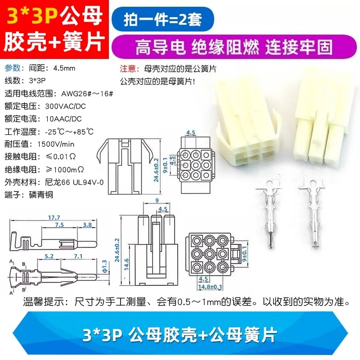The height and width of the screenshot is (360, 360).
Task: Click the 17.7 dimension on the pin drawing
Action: tap(54, 217)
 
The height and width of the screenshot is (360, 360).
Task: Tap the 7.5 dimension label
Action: tap(59, 225)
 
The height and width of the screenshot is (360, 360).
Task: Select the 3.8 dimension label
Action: tap(87, 225)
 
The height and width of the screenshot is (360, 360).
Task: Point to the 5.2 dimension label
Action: tap(49, 256)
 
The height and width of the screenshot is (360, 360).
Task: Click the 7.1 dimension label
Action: tap(78, 256)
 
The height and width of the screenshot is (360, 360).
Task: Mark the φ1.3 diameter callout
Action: tap(104, 266)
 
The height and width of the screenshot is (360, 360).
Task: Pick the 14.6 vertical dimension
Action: tap(126, 265)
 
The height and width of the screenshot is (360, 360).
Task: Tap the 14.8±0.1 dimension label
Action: tap(210, 287)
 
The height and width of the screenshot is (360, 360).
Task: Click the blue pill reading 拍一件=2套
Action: tap(163, 19)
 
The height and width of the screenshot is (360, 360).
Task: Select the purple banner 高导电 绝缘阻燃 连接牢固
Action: tap(234, 47)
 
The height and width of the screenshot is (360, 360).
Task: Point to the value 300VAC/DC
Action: tap(65, 106)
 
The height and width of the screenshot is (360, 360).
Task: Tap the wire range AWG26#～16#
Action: tap(87, 94)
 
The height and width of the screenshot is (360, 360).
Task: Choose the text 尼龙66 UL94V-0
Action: tap(74, 182)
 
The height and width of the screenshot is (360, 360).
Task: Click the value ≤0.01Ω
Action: tap(61, 157)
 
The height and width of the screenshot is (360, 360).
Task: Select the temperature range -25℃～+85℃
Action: tap(69, 131)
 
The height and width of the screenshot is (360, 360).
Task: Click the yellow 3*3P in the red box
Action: tap(31, 16)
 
